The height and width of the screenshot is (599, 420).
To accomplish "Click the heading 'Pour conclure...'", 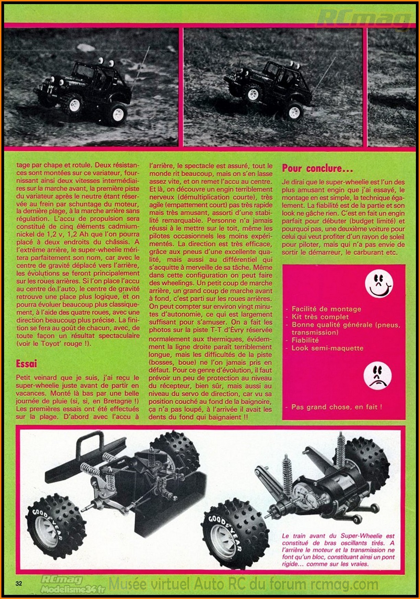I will click(317, 169).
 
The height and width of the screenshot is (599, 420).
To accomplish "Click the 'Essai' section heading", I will click(26, 364).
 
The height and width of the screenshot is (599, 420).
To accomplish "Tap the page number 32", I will click(19, 583).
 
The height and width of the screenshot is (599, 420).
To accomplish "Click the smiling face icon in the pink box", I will click(378, 284).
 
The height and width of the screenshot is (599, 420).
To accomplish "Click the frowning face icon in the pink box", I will click(377, 377).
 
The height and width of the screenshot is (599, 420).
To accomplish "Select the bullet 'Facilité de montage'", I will click(326, 309).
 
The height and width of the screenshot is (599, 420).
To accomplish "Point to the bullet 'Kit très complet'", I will click(320, 317).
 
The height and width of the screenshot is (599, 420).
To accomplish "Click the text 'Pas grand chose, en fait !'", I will click(336, 407).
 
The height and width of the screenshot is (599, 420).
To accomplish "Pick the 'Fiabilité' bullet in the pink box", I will click(305, 340).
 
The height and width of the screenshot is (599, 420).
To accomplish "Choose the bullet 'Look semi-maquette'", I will click(327, 348).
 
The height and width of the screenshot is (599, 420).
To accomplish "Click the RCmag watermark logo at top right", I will click(364, 19).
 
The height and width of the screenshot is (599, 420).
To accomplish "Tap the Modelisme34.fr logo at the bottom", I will click(73, 589).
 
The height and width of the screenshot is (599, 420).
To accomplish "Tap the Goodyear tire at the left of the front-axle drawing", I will click(55, 525).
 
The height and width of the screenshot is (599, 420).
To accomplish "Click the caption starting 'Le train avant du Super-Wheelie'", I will click(338, 550).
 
